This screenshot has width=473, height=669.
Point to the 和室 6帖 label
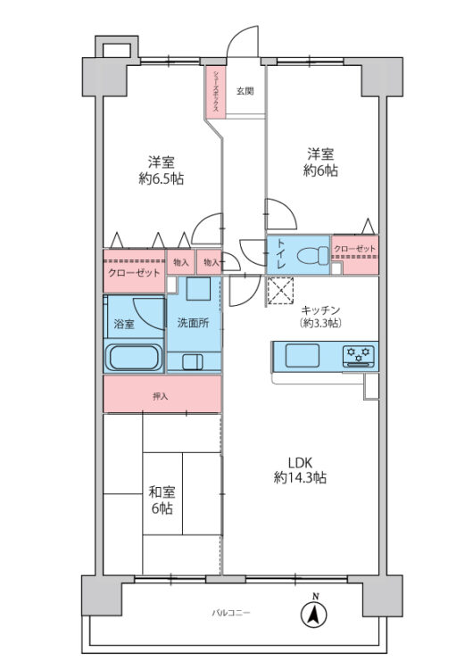pyautogui.click(x=162, y=499)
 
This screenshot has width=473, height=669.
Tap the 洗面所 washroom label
pyautogui.click(x=192, y=323)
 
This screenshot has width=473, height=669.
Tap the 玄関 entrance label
pyautogui.click(x=245, y=90)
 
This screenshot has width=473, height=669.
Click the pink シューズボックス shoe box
pyautogui.click(x=216, y=91)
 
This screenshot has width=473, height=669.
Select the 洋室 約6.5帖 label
pyautogui.click(x=162, y=169)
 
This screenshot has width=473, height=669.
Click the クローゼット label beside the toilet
pyautogui.click(x=354, y=248)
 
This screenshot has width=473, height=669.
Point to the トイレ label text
pyautogui.click(x=280, y=253)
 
